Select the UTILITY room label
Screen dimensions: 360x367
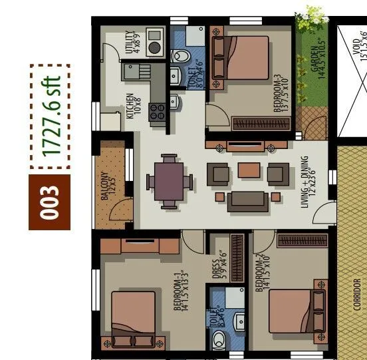(133, 42)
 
